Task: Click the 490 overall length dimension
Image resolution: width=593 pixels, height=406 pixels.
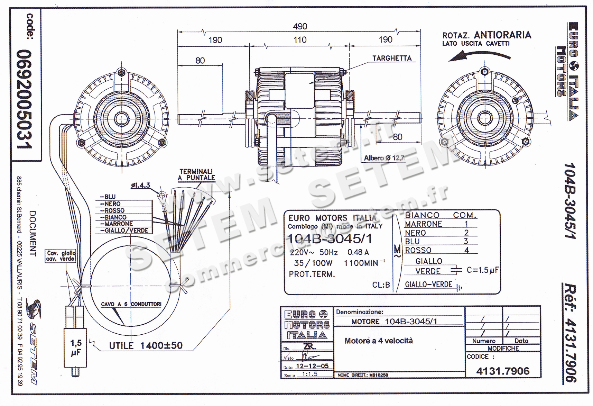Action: tap(300, 26)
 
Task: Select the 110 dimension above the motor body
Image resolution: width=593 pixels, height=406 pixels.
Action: tap(300, 40)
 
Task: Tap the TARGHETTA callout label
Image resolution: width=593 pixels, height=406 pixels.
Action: tap(392, 58)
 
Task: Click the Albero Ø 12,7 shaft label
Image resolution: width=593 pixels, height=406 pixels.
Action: tap(384, 158)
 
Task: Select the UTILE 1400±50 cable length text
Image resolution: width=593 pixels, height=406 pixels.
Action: tap(146, 345)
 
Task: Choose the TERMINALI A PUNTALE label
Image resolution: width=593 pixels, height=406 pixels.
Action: tap(196, 174)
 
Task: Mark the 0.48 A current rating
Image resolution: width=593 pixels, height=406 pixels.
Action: tap(358, 252)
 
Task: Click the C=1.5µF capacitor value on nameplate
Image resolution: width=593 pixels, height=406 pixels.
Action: tap(482, 270)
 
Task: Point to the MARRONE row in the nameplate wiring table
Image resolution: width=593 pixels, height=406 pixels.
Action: tap(423, 224)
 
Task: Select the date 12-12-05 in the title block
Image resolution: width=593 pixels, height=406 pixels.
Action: tap(312, 366)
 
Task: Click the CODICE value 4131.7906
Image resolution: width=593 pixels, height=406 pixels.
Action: tap(502, 371)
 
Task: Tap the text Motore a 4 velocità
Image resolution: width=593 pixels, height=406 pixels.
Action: tap(379, 341)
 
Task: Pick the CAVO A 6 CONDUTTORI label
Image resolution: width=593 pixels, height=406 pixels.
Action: tap(131, 304)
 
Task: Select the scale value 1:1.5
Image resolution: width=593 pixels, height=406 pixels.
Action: tap(309, 374)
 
